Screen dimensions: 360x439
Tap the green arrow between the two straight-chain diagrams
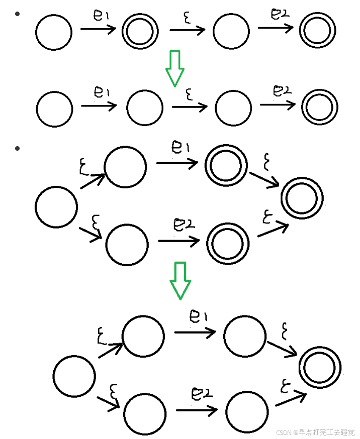pyautogui.click(x=175, y=68)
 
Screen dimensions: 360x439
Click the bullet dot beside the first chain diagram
pyautogui.click(x=18, y=14)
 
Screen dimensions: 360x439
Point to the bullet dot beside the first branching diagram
pyautogui.click(x=18, y=149)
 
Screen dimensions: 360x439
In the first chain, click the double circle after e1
pyautogui.click(x=140, y=32)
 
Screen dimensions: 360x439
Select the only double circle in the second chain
pyautogui.click(x=319, y=107)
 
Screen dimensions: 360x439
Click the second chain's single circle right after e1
pyautogui.click(x=145, y=108)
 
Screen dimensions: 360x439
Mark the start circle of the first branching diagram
pyautogui.click(x=56, y=206)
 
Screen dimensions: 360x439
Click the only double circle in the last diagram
pyautogui.click(x=320, y=367)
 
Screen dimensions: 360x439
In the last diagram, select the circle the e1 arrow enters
pyautogui.click(x=245, y=336)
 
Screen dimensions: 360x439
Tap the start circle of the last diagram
pyautogui.click(x=74, y=376)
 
